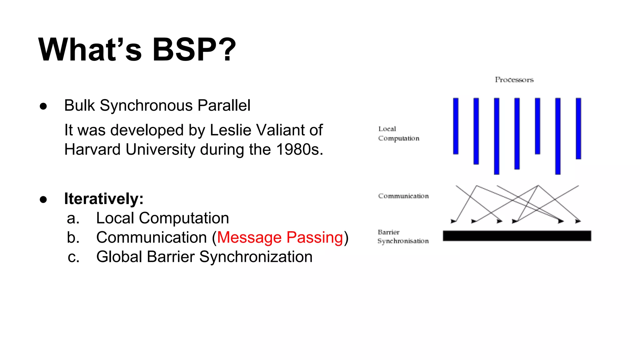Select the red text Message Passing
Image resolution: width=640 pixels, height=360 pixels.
click(x=280, y=237)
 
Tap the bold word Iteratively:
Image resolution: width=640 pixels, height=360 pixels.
click(x=104, y=199)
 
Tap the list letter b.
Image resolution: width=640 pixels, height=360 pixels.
click(x=73, y=237)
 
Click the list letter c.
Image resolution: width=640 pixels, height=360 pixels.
click(x=73, y=257)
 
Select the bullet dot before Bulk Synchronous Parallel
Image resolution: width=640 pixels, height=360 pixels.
click(x=43, y=106)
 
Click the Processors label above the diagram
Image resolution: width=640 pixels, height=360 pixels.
click(x=514, y=80)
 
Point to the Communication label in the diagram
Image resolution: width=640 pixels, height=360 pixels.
click(x=403, y=196)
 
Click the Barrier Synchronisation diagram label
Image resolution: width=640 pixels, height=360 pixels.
click(x=402, y=237)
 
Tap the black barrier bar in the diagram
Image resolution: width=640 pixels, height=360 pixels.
click(x=517, y=236)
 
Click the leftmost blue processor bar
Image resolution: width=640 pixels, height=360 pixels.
click(x=456, y=126)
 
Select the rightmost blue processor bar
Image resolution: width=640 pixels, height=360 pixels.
click(x=578, y=128)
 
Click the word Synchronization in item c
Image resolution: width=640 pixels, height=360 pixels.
click(x=256, y=257)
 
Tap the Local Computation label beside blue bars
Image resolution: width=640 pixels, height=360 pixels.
click(x=398, y=134)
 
